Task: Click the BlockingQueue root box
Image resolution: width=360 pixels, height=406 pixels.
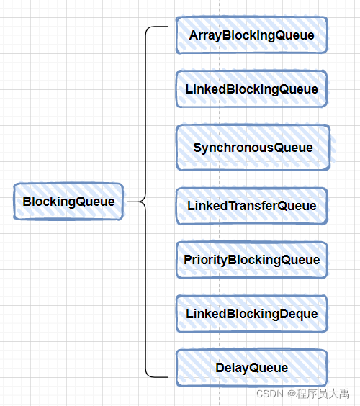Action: pyautogui.click(x=68, y=202)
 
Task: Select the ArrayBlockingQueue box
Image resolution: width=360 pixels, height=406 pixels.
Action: pyautogui.click(x=251, y=35)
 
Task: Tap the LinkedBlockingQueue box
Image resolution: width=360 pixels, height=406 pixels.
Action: pyautogui.click(x=251, y=89)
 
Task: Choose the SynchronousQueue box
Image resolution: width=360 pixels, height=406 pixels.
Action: pyautogui.click(x=253, y=148)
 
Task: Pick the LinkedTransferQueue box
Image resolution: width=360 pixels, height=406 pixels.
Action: pyautogui.click(x=251, y=206)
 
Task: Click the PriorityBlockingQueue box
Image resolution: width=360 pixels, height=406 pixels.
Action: pyautogui.click(x=251, y=260)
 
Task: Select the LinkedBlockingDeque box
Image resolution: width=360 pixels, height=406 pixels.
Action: pyautogui.click(x=251, y=314)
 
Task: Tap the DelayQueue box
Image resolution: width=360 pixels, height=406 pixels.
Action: pyautogui.click(x=251, y=368)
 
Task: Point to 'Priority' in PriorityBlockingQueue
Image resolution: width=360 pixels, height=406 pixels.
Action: pyautogui.click(x=205, y=260)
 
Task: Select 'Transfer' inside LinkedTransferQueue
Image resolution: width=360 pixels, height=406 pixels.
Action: pyautogui.click(x=251, y=206)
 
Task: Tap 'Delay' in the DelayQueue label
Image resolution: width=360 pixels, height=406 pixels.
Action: pyautogui.click(x=230, y=368)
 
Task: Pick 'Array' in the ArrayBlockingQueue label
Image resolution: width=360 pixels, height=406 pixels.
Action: pyautogui.click(x=204, y=35)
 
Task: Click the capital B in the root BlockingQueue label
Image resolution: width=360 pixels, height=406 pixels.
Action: pyautogui.click(x=27, y=202)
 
